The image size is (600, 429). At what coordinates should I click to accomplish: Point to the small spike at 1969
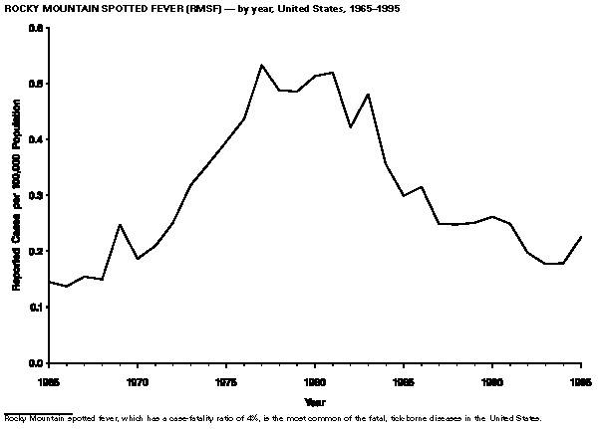pos(120,225)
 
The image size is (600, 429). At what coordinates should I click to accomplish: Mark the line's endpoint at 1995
pos(581,237)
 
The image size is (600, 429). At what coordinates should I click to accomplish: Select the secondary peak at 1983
pos(368,95)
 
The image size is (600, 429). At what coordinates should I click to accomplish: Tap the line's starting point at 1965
pos(49,282)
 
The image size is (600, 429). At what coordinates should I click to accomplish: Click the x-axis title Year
pos(315,401)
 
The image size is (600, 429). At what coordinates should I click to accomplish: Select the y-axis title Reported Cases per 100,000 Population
pos(17,196)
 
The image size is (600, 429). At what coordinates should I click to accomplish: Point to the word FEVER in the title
pos(147,8)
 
